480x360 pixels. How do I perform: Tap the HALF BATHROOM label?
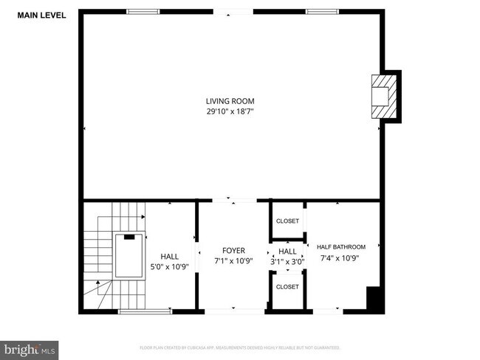(x=340, y=247)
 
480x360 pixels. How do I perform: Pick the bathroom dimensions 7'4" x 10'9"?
(x=340, y=258)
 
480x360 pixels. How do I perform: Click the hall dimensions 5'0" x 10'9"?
(x=169, y=266)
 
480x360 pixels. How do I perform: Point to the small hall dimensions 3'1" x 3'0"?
(x=287, y=261)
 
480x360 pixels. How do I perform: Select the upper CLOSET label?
(x=287, y=221)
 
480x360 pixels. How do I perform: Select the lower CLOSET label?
(x=287, y=286)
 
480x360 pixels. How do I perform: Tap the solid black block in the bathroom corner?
(x=375, y=300)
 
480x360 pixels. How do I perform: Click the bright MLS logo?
(x=30, y=348)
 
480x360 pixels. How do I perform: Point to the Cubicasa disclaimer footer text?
(x=239, y=347)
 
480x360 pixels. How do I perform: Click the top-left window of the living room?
(x=143, y=12)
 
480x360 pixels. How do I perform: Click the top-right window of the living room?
(x=322, y=12)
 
